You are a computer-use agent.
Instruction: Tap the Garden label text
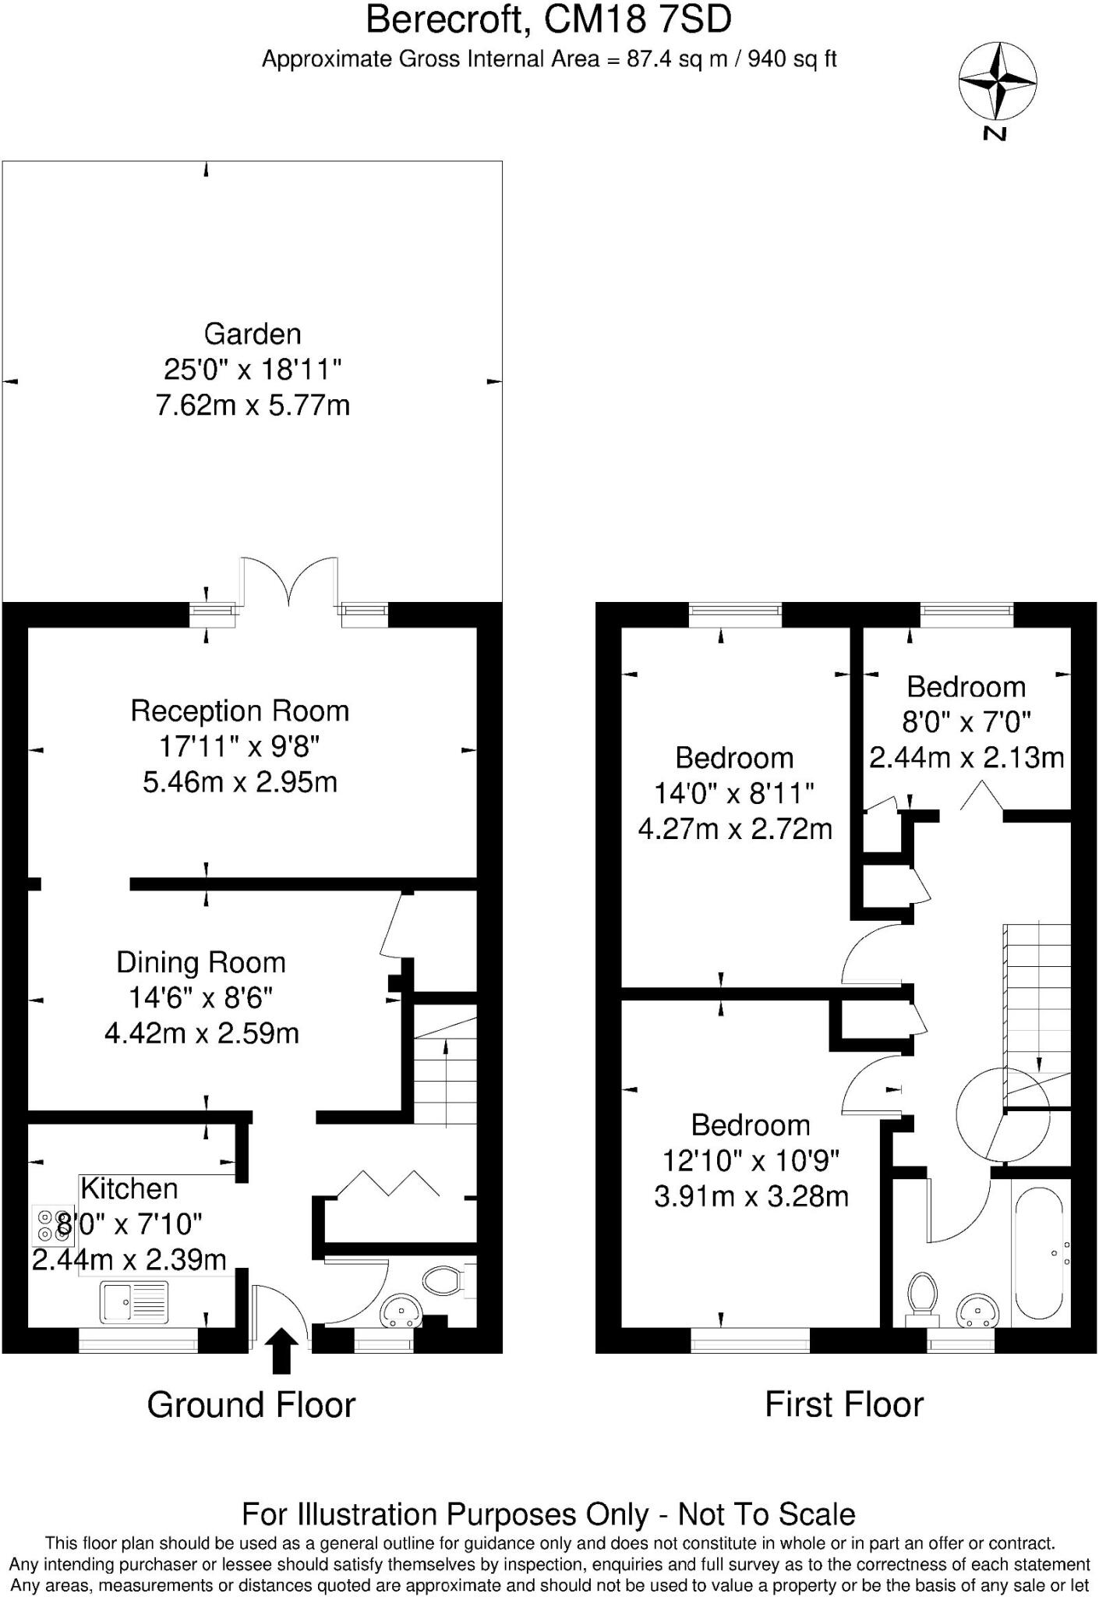pyautogui.click(x=253, y=335)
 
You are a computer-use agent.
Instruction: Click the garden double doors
pyautogui.click(x=289, y=582)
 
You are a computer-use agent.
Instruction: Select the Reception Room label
pyautogui.click(x=239, y=711)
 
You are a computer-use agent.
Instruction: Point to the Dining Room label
pyautogui.click(x=201, y=962)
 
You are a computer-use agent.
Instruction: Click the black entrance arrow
pyautogui.click(x=281, y=1351)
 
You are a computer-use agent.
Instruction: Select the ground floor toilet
pyautogui.click(x=445, y=1280)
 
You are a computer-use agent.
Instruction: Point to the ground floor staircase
pyautogui.click(x=444, y=1065)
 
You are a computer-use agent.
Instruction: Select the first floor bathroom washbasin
pyautogui.click(x=976, y=1311)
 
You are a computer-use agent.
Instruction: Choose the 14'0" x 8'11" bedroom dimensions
pyautogui.click(x=734, y=794)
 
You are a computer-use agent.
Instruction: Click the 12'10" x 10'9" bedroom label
pyautogui.click(x=751, y=1161)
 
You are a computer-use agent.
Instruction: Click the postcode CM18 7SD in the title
pyautogui.click(x=638, y=19)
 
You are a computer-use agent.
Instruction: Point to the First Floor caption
pyautogui.click(x=844, y=1404)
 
